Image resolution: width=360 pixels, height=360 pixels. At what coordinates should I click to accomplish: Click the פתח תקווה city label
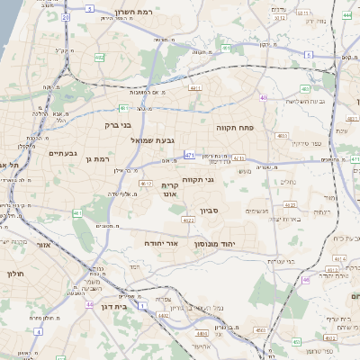[x=237, y=128]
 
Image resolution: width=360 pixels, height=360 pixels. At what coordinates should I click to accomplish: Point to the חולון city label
[x=19, y=273]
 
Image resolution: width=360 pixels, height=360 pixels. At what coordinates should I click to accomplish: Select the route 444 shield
[x=347, y=15]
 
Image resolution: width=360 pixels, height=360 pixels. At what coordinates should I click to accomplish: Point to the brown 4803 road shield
[x=283, y=136]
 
